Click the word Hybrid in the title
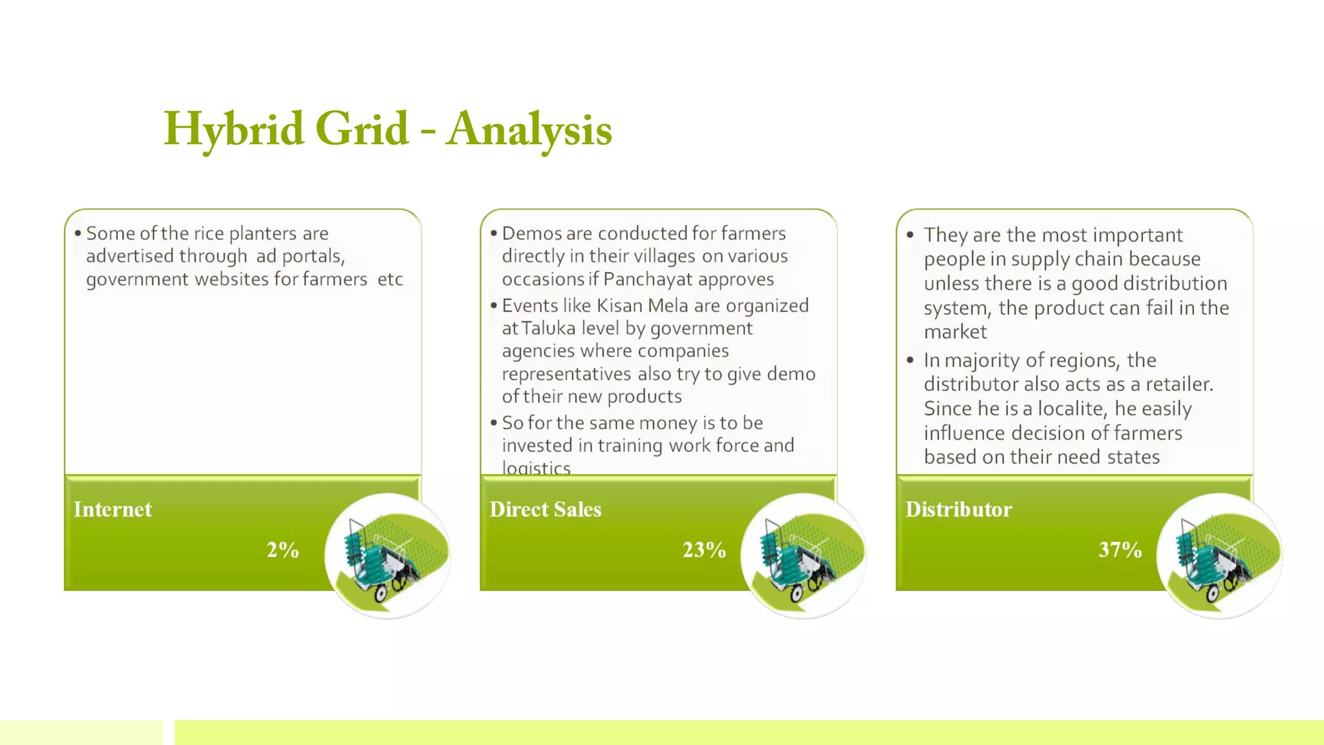coord(233,129)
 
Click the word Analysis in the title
coord(529,129)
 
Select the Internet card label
coord(112,510)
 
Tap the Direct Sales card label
coord(545,510)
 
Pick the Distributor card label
coord(958,510)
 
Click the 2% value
coord(283,550)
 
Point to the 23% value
coord(704,550)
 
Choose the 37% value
coord(1120,550)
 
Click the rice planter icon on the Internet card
coord(387,556)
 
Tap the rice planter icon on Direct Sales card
coord(803,556)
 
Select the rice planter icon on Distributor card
coord(1219,556)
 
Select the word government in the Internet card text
coord(137,279)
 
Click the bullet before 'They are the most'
coord(910,235)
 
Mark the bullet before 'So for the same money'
coord(493,423)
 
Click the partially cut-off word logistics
coord(536,468)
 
